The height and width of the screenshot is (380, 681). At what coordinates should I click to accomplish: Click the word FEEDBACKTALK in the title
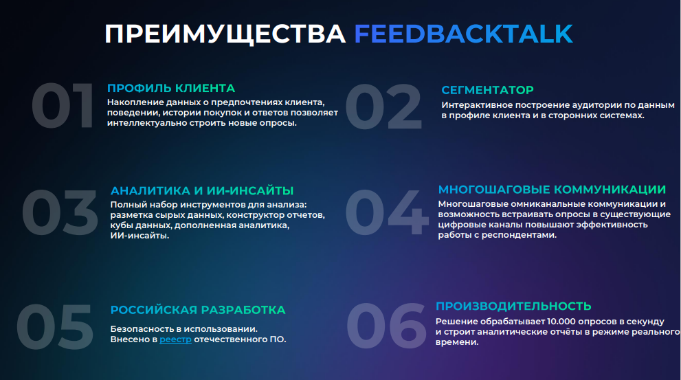(463, 34)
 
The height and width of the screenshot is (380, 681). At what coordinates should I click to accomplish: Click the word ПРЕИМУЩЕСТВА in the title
(225, 34)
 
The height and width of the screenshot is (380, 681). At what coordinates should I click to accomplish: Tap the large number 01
(63, 106)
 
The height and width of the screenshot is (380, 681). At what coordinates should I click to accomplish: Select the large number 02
(383, 107)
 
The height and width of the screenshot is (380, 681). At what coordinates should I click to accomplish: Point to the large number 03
(60, 212)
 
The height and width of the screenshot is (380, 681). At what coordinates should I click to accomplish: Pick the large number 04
(387, 212)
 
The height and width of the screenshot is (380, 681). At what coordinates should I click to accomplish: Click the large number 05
(55, 326)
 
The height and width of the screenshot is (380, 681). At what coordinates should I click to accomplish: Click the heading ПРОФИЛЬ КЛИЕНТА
(171, 88)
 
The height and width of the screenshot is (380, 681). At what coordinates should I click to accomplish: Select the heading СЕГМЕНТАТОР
(488, 90)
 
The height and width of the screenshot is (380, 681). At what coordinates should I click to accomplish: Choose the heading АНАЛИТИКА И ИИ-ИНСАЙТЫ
(202, 190)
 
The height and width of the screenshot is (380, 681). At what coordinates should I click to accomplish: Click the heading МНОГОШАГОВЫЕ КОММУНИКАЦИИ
(552, 190)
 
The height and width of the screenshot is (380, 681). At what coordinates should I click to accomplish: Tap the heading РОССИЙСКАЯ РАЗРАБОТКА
(198, 310)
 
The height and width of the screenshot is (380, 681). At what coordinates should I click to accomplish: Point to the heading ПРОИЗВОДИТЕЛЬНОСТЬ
(513, 306)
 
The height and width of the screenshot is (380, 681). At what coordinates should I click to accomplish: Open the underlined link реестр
(175, 339)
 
